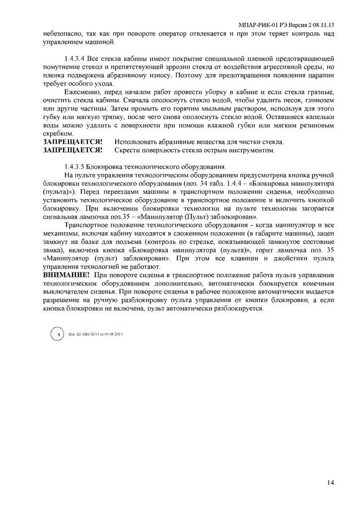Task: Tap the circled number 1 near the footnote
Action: pos(58,336)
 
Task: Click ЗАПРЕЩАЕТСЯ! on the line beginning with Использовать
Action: pos(72,142)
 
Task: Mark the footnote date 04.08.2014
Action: pos(113,335)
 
